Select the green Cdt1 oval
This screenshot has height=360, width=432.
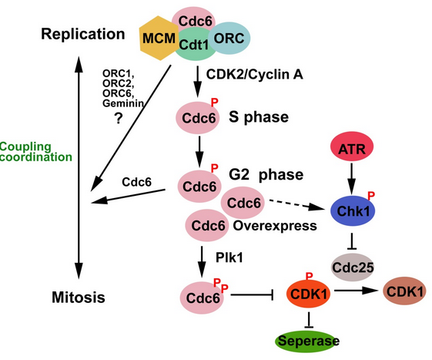point(195,44)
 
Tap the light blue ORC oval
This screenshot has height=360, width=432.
point(229,38)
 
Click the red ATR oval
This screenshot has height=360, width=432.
point(352,146)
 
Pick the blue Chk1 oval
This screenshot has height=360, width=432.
point(353,211)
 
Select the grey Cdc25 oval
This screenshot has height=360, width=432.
point(353,267)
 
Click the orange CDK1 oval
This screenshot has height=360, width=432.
point(309,294)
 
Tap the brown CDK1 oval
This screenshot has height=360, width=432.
point(405,291)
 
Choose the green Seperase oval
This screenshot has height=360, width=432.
point(308,341)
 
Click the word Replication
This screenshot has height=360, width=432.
point(83,34)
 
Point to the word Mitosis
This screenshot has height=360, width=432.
point(79,298)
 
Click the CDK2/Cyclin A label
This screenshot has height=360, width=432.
point(255,75)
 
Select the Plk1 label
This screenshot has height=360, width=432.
point(229,257)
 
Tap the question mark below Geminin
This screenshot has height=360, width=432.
point(119,118)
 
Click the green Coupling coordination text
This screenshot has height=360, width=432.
point(36,152)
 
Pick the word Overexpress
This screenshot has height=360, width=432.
point(275,226)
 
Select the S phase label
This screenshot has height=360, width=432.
point(259,117)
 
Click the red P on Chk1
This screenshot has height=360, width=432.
point(371,195)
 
